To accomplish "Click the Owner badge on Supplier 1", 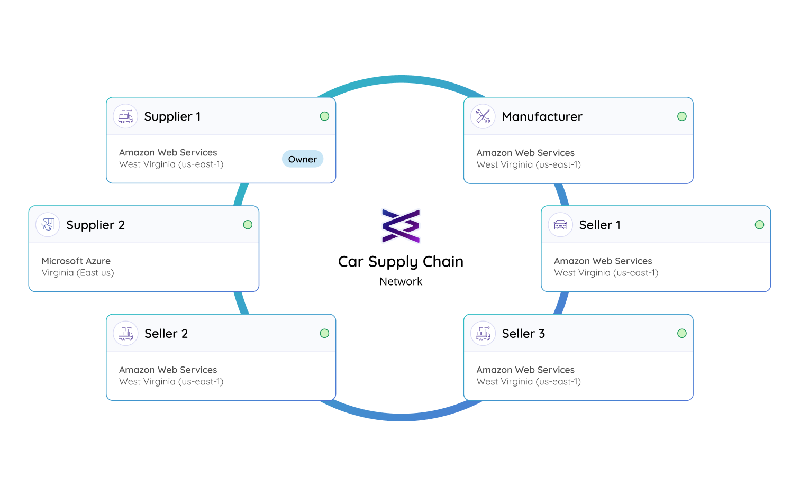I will pyautogui.click(x=302, y=159).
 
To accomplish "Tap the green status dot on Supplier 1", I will pyautogui.click(x=324, y=116).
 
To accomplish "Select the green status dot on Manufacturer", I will pyautogui.click(x=682, y=116).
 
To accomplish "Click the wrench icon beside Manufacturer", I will pyautogui.click(x=483, y=116).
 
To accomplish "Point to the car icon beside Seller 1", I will pyautogui.click(x=560, y=225).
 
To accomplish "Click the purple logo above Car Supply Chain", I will pyautogui.click(x=401, y=226).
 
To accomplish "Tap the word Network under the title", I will pyautogui.click(x=401, y=282).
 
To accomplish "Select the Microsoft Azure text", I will pyautogui.click(x=76, y=261).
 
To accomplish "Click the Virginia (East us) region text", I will pyautogui.click(x=78, y=273).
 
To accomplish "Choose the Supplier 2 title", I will pyautogui.click(x=95, y=225).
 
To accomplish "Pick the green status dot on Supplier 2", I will pyautogui.click(x=248, y=225).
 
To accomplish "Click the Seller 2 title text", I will pyautogui.click(x=166, y=334).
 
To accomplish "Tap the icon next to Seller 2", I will pyautogui.click(x=125, y=334).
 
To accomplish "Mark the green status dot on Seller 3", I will pyautogui.click(x=682, y=333).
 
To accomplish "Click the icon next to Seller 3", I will pyautogui.click(x=483, y=334).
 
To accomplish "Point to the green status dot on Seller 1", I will pyautogui.click(x=759, y=225).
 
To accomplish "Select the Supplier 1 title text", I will pyautogui.click(x=172, y=116).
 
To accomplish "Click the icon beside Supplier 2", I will pyautogui.click(x=48, y=225).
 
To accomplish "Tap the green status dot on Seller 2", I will pyautogui.click(x=324, y=333).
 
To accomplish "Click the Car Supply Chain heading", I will pyautogui.click(x=401, y=262).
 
